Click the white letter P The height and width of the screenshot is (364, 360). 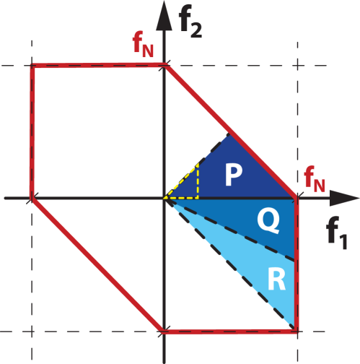[x=232, y=175]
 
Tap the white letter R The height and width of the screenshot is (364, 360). [x=276, y=279]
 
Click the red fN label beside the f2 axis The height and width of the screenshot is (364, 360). [x=143, y=46]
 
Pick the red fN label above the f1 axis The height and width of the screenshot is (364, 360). [x=315, y=178]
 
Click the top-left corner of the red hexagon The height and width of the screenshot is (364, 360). [x=32, y=66]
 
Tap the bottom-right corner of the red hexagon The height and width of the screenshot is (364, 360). [x=297, y=331]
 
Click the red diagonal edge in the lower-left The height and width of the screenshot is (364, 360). [x=97, y=264]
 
